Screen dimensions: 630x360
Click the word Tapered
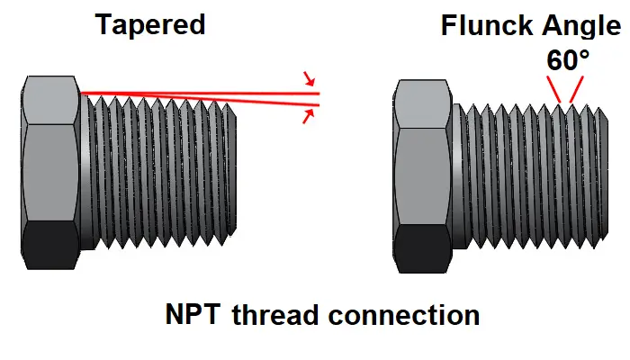tap(150, 25)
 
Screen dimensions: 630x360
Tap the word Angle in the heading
tap(581, 27)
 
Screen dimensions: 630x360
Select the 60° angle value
tap(568, 60)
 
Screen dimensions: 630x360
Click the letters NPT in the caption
tap(193, 314)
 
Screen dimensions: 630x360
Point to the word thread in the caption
tap(275, 314)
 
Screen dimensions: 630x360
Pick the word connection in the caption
tap(404, 315)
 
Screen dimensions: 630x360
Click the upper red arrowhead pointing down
tap(309, 79)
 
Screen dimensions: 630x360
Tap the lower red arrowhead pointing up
tap(308, 116)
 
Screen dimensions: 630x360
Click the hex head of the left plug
tap(50, 173)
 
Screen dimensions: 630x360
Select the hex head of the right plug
tap(422, 176)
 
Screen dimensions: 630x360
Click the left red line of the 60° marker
tap(553, 89)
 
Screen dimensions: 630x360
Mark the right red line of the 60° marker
tap(576, 89)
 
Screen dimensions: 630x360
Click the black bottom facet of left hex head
tap(50, 245)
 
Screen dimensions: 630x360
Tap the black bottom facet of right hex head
tap(422, 249)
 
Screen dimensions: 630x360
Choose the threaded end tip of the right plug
tap(604, 175)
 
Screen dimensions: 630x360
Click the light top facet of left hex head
tap(50, 100)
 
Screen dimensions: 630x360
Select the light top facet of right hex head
tap(422, 104)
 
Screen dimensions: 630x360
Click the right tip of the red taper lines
tap(319, 99)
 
